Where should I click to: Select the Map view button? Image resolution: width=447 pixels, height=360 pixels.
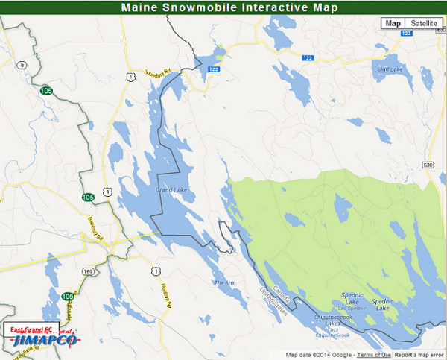click(x=393, y=23)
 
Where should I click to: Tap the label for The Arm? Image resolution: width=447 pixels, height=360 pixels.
click(x=224, y=282)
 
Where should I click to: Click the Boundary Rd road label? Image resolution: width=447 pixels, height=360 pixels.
click(x=159, y=71)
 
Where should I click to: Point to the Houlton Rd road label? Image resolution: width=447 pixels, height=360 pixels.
click(x=166, y=296)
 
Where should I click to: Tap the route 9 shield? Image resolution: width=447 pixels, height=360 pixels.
click(x=23, y=66)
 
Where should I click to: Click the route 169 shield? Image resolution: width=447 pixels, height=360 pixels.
click(x=88, y=271)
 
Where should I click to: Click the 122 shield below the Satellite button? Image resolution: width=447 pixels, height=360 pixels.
click(x=406, y=34)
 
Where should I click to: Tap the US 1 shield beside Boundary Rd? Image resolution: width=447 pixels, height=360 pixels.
click(x=131, y=77)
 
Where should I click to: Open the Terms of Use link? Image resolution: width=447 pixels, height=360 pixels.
click(x=373, y=355)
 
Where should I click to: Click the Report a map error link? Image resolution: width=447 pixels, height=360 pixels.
click(x=419, y=355)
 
